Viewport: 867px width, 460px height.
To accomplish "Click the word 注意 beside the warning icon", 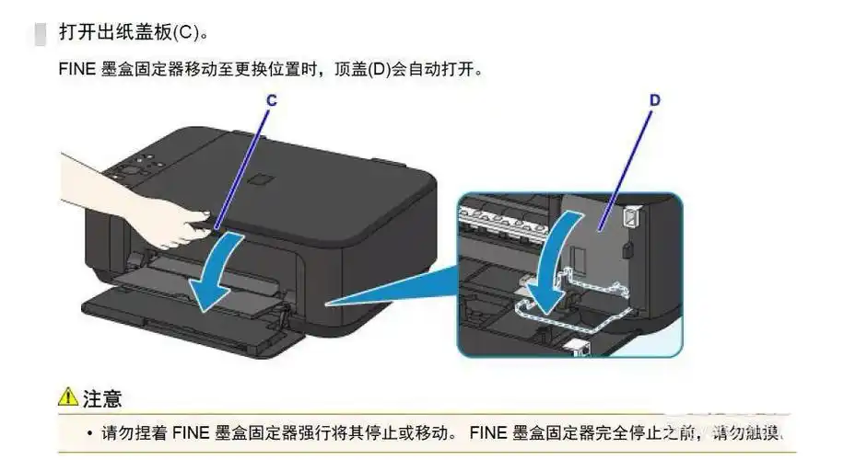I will pyautogui.click(x=102, y=398).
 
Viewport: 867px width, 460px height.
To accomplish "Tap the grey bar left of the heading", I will pyautogui.click(x=39, y=33).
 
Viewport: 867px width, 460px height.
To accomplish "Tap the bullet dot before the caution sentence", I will pyautogui.click(x=89, y=432).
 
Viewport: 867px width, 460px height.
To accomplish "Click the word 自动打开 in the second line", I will pyautogui.click(x=442, y=70).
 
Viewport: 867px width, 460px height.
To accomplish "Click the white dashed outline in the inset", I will pyautogui.click(x=590, y=294).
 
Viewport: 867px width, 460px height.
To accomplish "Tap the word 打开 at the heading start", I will pyautogui.click(x=74, y=33).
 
